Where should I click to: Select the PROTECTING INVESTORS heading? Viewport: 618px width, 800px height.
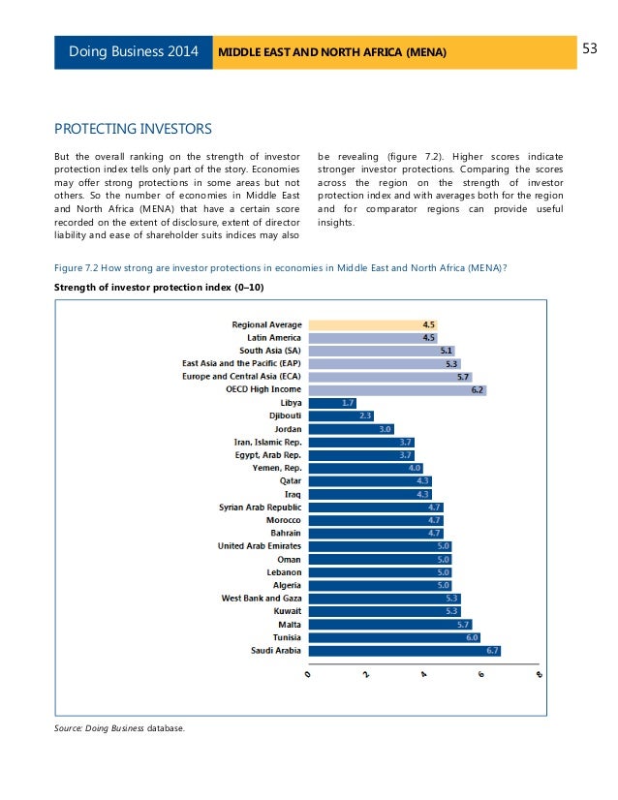132,128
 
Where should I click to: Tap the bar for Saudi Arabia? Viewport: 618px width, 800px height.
403,651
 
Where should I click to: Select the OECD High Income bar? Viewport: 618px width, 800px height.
395,389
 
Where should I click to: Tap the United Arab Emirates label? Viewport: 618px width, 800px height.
260,546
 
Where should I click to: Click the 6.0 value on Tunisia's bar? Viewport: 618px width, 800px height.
472,637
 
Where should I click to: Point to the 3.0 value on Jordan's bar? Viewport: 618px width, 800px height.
386,428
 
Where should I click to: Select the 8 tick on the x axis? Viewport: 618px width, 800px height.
539,679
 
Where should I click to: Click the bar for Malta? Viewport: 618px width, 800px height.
389,625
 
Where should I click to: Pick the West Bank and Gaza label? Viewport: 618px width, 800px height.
262,599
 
